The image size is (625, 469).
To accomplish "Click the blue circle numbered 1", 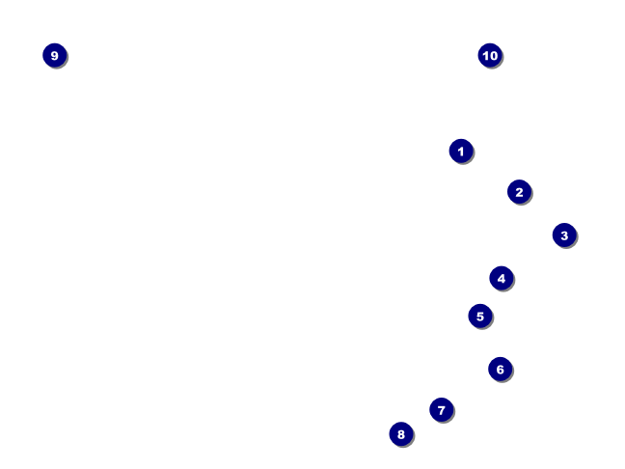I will pyautogui.click(x=461, y=151).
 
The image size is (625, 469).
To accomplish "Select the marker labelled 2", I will pyautogui.click(x=519, y=192).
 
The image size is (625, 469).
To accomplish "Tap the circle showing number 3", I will pyautogui.click(x=564, y=234).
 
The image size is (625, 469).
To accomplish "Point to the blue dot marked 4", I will pyautogui.click(x=501, y=278).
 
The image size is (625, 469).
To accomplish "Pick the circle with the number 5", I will pyautogui.click(x=480, y=316).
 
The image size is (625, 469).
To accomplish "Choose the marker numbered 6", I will pyautogui.click(x=500, y=369).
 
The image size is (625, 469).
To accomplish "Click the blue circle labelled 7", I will pyautogui.click(x=441, y=410).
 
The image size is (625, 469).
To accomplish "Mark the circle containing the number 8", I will pyautogui.click(x=401, y=434).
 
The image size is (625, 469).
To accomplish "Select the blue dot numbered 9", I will pyautogui.click(x=54, y=55).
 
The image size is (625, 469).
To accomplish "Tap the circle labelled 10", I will pyautogui.click(x=490, y=55).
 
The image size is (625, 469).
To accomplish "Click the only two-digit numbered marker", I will pyautogui.click(x=490, y=55).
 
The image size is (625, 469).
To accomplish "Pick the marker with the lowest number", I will pyautogui.click(x=461, y=151).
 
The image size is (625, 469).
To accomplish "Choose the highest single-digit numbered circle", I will pyautogui.click(x=54, y=55).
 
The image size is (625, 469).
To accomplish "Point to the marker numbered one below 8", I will pyautogui.click(x=441, y=410).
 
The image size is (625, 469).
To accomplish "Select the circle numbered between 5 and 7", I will pyautogui.click(x=500, y=369).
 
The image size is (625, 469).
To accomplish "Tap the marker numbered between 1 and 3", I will pyautogui.click(x=519, y=192).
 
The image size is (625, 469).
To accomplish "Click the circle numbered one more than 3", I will pyautogui.click(x=501, y=278).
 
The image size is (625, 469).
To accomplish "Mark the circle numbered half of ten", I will pyautogui.click(x=480, y=316).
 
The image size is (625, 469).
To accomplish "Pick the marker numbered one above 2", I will pyautogui.click(x=564, y=234).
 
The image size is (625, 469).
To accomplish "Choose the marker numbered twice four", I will pyautogui.click(x=401, y=434).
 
